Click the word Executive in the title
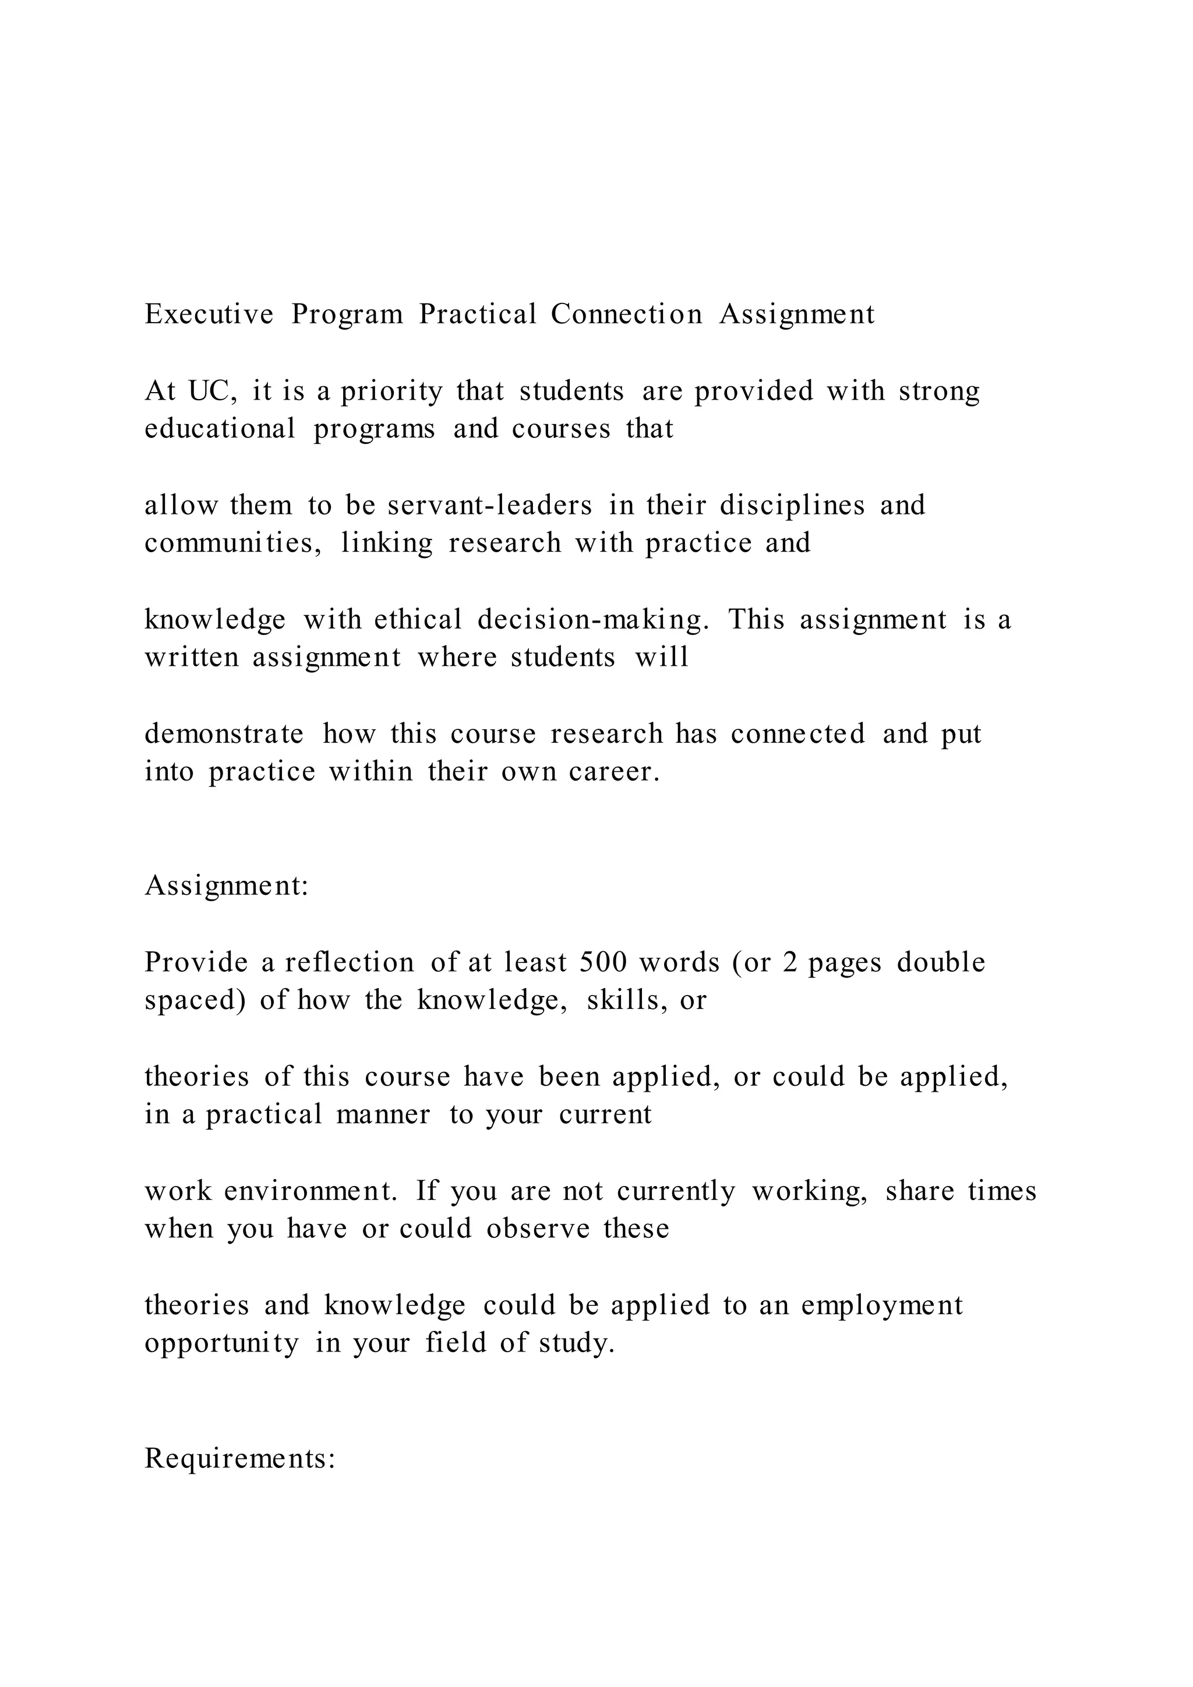[209, 315]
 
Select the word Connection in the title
[627, 315]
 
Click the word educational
[220, 428]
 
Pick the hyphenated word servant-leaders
[490, 506]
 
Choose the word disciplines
[792, 506]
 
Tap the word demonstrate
[224, 734]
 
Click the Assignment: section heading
[226, 885]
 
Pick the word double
[941, 962]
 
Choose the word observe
[538, 1229]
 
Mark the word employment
[881, 1305]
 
